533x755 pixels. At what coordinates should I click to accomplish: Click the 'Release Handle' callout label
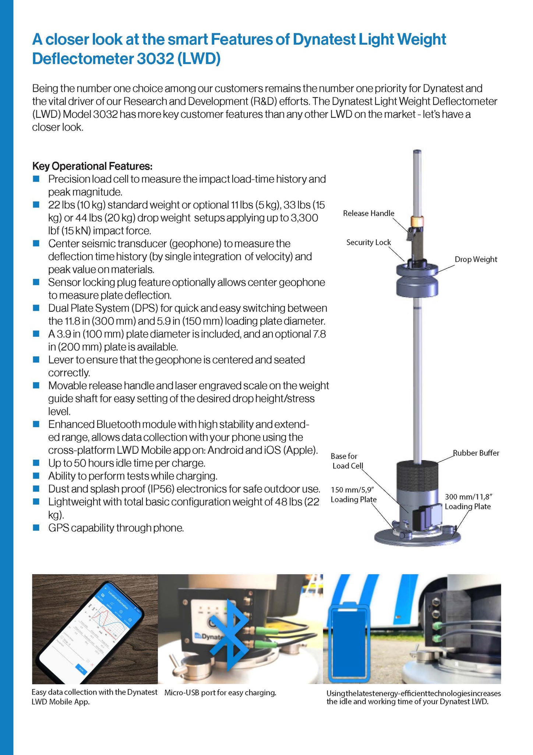(368, 213)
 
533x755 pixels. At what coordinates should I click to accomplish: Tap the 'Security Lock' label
(368, 243)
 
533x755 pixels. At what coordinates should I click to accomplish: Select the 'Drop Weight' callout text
(476, 260)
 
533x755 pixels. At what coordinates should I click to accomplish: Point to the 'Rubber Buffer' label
(476, 453)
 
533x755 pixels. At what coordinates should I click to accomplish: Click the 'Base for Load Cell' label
(347, 461)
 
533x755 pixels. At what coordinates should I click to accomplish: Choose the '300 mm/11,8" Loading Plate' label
(467, 502)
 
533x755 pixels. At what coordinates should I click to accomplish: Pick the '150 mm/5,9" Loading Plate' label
(353, 495)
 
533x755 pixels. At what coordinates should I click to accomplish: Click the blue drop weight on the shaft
(417, 282)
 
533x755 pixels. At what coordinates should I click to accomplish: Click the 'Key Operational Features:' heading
(92, 166)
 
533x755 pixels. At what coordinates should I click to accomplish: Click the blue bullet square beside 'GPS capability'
(36, 528)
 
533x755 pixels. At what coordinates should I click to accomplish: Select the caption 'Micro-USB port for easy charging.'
(220, 693)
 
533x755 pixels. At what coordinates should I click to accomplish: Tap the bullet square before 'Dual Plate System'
(36, 308)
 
